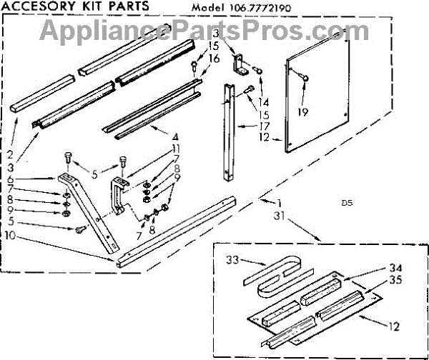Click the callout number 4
pyautogui.click(x=174, y=136)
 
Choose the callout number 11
pyautogui.click(x=176, y=148)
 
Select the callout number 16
pyautogui.click(x=215, y=58)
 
